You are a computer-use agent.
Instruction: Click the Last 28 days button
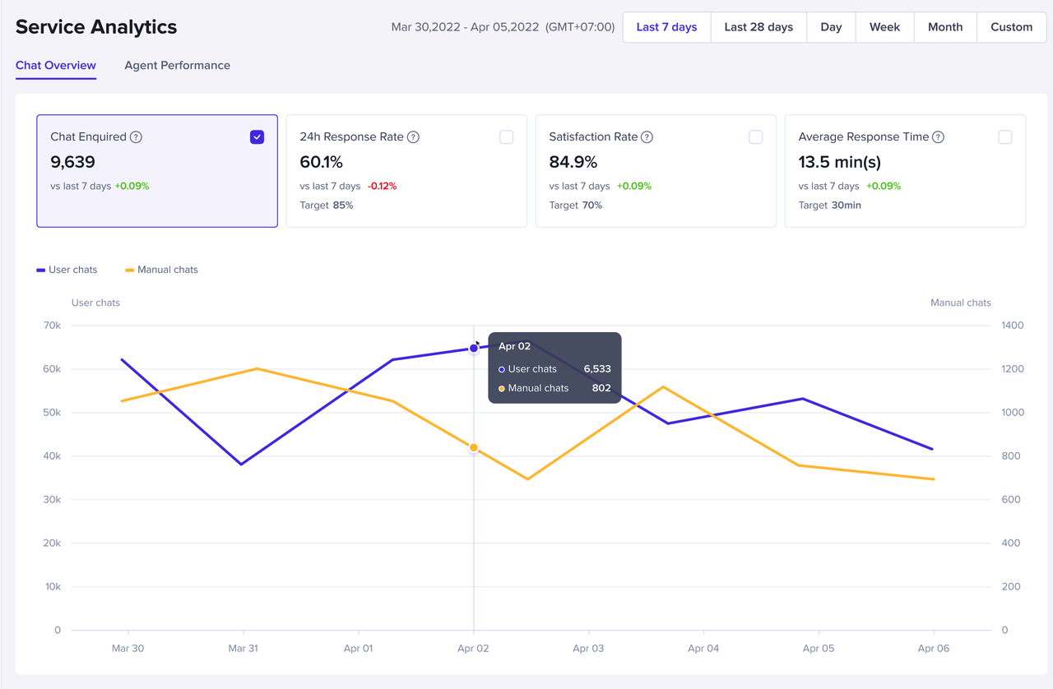[x=758, y=27]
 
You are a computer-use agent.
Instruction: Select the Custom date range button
[x=1011, y=27]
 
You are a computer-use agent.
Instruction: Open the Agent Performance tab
[x=177, y=66]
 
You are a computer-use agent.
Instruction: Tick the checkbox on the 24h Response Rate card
[x=506, y=137]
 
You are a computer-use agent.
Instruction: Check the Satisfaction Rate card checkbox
[x=755, y=137]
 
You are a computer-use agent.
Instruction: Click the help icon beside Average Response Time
[x=938, y=137]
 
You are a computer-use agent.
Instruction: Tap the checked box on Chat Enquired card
[x=257, y=137]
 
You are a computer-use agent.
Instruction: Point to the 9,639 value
[x=73, y=162]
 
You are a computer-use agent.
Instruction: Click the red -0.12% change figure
[x=382, y=186]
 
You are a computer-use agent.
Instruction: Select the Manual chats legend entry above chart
[x=161, y=270]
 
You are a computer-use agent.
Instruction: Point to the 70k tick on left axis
[x=53, y=326]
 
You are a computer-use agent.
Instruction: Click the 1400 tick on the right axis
[x=1013, y=326]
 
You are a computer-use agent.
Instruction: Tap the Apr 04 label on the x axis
[x=703, y=648]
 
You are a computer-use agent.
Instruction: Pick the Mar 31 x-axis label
[x=243, y=648]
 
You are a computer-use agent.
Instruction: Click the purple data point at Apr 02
[x=474, y=349]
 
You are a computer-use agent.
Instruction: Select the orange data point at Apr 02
[x=474, y=448]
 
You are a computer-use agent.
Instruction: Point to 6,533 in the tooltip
[x=597, y=369]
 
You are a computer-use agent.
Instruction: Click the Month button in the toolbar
[x=945, y=27]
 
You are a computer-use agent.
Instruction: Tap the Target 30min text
[x=829, y=205]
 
